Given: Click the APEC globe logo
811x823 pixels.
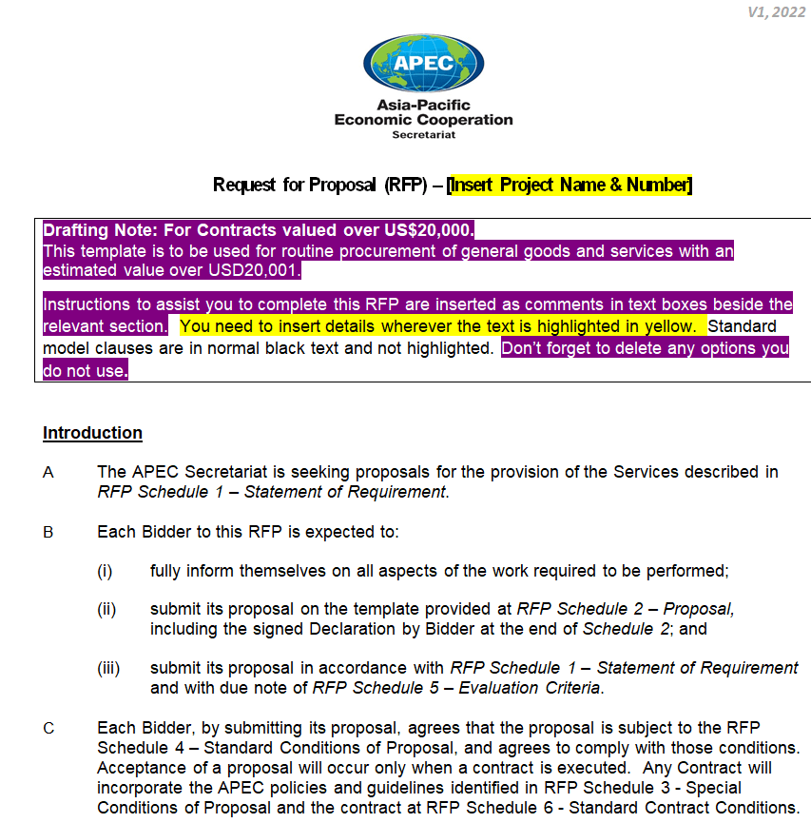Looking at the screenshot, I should (423, 62).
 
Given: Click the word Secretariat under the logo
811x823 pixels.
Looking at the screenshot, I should (423, 135).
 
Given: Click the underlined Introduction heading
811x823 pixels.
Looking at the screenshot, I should (92, 433).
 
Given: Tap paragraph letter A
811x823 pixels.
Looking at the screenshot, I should (48, 472).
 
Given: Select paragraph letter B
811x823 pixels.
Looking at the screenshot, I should (48, 532).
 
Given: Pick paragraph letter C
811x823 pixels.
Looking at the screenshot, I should (48, 729).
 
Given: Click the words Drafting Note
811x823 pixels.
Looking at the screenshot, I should (99, 230).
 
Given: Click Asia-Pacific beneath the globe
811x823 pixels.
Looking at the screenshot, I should (423, 105).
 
